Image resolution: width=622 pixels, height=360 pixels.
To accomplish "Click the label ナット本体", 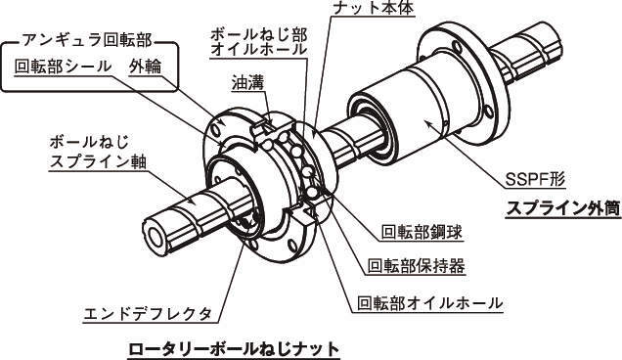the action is pyautogui.click(x=373, y=7).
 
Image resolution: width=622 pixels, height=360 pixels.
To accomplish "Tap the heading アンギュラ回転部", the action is pyautogui.click(x=87, y=40).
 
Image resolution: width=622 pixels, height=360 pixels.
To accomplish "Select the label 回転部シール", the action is pyautogui.click(x=63, y=67).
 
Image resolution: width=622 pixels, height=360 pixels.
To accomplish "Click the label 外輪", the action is pyautogui.click(x=145, y=67).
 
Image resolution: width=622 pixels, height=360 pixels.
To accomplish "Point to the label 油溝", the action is pyautogui.click(x=248, y=82).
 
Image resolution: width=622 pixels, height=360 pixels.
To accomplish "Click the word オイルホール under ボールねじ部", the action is pyautogui.click(x=259, y=50).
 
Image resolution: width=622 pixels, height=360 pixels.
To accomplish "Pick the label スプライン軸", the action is pyautogui.click(x=99, y=161).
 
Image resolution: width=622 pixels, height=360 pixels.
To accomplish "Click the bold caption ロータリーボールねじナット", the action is pyautogui.click(x=234, y=349).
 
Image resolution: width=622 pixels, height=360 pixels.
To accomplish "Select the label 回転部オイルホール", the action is pyautogui.click(x=430, y=303).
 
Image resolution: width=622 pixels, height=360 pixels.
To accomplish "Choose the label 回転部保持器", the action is pyautogui.click(x=416, y=266).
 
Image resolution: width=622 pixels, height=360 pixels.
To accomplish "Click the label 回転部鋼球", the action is pyautogui.click(x=422, y=232).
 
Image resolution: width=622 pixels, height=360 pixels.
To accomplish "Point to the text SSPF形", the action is pyautogui.click(x=535, y=180).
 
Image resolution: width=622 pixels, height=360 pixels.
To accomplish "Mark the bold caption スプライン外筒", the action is pyautogui.click(x=563, y=208).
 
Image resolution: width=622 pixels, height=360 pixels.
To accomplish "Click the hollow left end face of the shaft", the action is pyautogui.click(x=155, y=238).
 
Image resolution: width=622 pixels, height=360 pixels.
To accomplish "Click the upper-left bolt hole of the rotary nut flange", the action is pyautogui.click(x=215, y=130).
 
